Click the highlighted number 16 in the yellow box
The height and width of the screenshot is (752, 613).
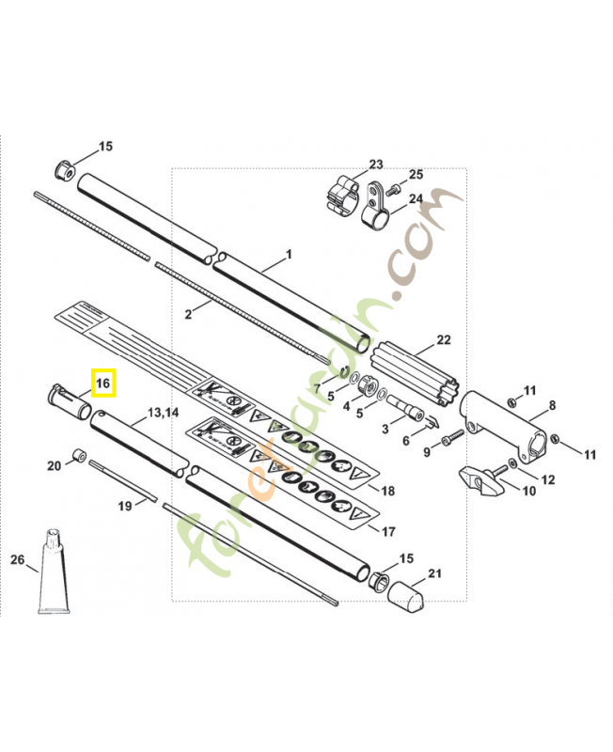click(103, 384)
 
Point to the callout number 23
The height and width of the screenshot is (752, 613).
click(376, 164)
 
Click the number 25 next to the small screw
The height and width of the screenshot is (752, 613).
click(416, 175)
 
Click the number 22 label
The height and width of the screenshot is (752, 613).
click(445, 339)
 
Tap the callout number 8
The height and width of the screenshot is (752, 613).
click(552, 405)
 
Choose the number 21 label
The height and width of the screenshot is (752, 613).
click(433, 573)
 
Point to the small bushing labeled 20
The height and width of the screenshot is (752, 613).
click(81, 456)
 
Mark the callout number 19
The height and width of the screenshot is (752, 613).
click(126, 506)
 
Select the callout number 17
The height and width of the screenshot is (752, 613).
click(387, 531)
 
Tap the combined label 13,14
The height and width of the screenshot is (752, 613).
click(163, 413)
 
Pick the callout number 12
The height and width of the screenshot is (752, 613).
click(547, 479)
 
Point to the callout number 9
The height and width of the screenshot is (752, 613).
click(426, 452)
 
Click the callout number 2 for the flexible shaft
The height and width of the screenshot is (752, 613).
click(188, 314)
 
